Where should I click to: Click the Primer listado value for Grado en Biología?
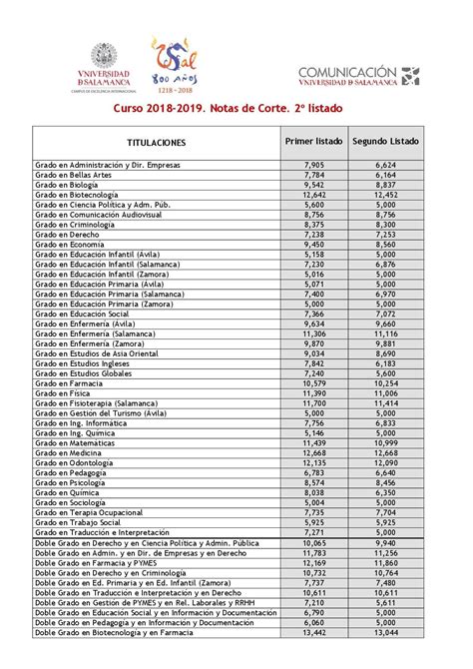tap(312, 185)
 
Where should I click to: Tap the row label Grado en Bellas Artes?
tap(72, 174)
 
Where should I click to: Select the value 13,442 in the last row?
tap(312, 632)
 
